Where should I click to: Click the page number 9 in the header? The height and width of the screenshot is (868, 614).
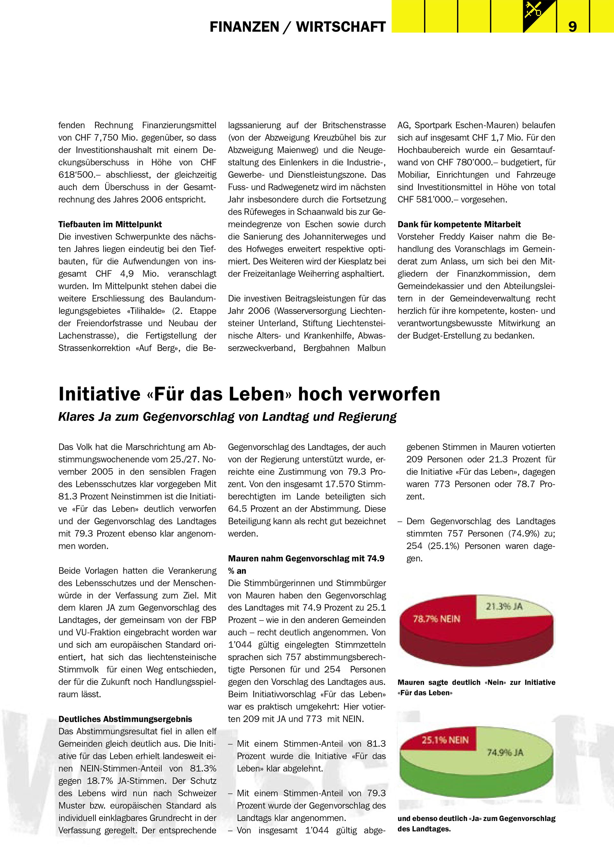tap(572, 27)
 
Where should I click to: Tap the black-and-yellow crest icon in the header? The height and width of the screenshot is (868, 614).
tap(539, 16)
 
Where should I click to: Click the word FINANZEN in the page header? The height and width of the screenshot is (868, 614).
tap(244, 27)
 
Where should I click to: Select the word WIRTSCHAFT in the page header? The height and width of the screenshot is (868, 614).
tap(341, 27)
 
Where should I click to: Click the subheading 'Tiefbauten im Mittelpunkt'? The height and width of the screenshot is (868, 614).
tap(110, 224)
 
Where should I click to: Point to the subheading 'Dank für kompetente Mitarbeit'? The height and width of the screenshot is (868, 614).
tap(459, 224)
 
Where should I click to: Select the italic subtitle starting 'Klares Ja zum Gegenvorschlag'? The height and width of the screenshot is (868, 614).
tap(227, 417)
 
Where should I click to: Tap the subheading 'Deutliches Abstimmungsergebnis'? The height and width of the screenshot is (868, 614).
tap(125, 719)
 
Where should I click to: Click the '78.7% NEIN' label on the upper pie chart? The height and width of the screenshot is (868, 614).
tap(437, 619)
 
